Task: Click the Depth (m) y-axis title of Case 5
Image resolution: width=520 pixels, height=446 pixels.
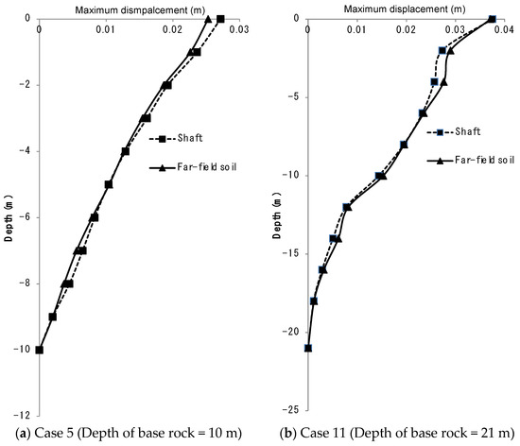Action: (9, 216)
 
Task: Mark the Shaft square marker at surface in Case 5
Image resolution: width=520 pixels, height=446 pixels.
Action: (220, 19)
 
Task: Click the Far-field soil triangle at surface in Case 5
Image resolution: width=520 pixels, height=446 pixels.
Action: (208, 19)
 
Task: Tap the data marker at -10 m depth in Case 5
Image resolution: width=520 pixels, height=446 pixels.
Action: (39, 350)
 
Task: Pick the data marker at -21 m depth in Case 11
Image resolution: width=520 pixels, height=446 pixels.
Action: (308, 349)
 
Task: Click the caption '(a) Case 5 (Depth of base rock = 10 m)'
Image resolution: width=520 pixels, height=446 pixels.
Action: (130, 435)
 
